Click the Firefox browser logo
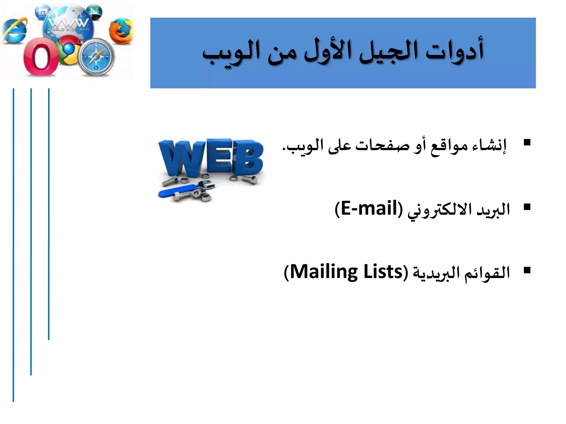pos(120,31)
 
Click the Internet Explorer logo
pos(15,31)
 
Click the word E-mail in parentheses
pos(369,208)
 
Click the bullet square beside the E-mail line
pos(527,207)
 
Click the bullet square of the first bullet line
pos(527,142)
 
